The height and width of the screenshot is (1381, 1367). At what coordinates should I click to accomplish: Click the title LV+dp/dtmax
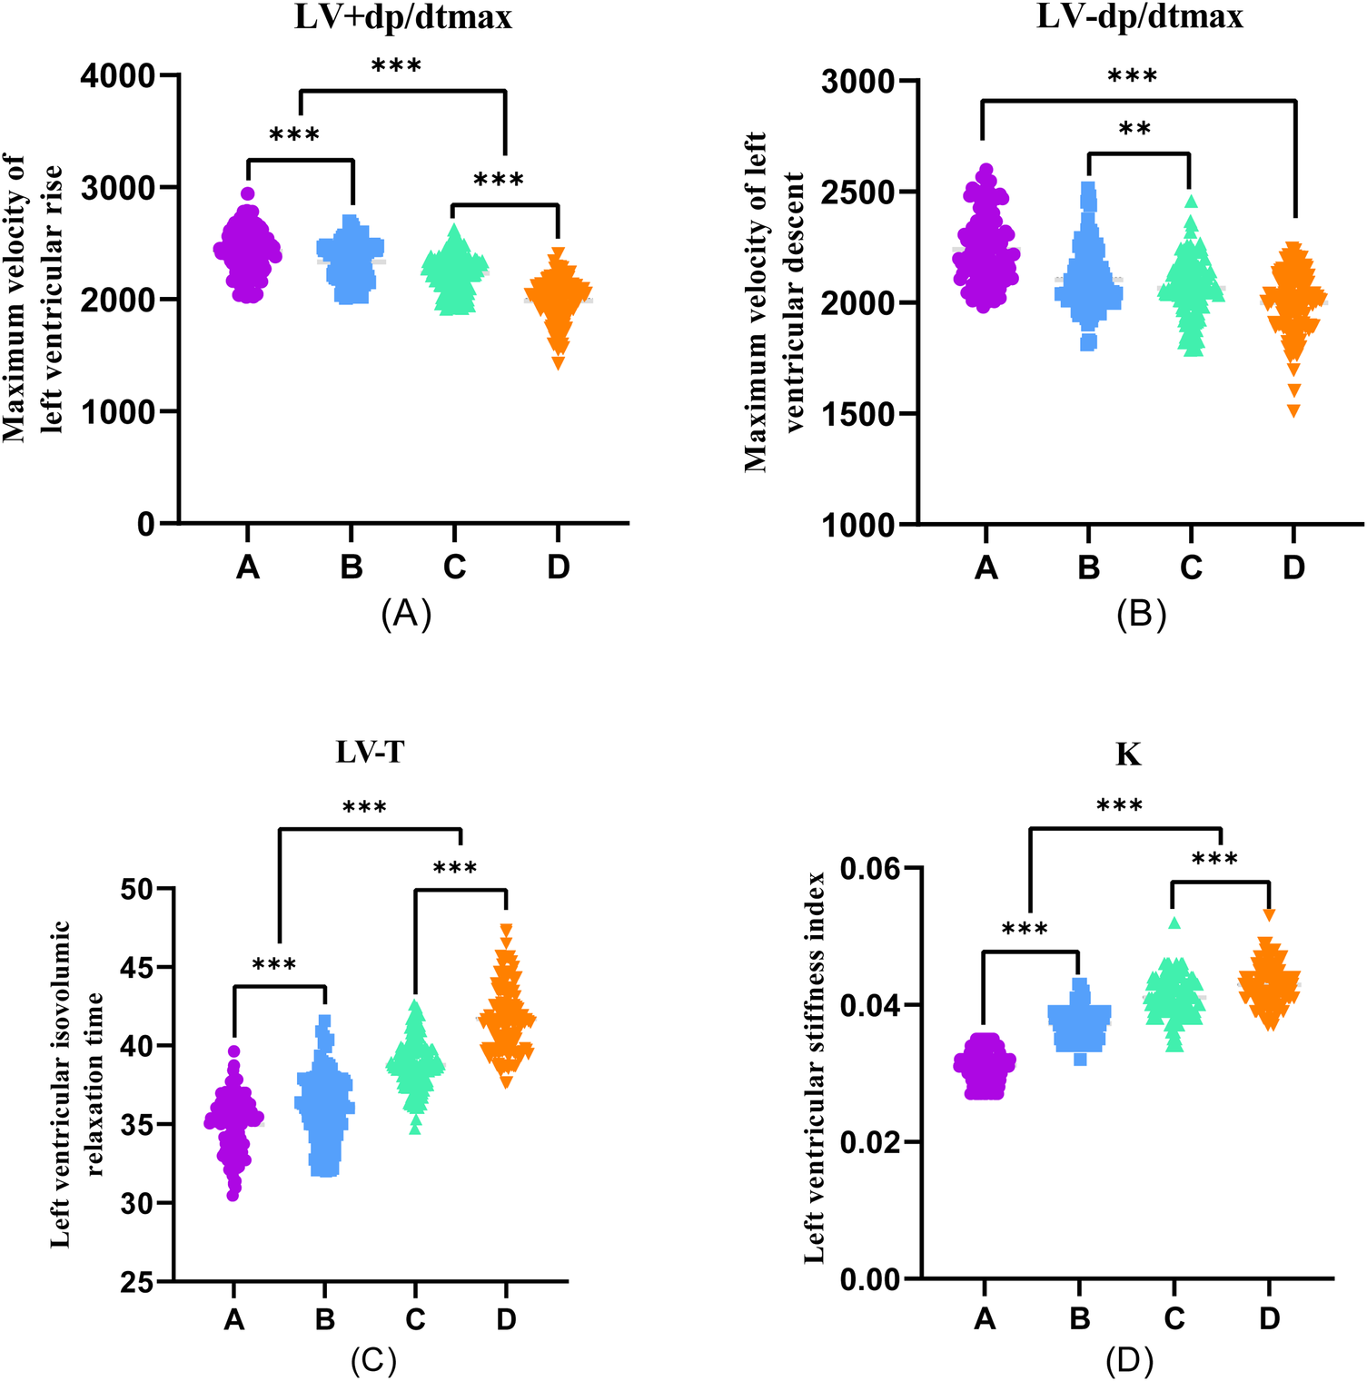(x=403, y=17)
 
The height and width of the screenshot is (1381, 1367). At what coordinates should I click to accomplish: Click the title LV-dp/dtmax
(x=1140, y=17)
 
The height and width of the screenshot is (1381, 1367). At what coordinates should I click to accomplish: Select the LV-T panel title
(x=370, y=753)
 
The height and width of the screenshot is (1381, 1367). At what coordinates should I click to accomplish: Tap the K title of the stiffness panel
(x=1128, y=755)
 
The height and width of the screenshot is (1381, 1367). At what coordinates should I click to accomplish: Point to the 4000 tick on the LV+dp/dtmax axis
(x=118, y=76)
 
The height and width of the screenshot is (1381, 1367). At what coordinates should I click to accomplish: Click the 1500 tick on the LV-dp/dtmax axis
(x=857, y=414)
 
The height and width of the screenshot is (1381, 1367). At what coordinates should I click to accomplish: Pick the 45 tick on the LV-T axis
(x=137, y=968)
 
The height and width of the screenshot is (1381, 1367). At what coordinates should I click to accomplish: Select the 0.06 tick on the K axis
(x=869, y=870)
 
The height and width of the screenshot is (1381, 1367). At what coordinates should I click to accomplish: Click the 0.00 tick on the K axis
(x=869, y=1280)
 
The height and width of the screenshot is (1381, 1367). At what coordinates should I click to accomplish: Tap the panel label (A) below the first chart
(x=406, y=615)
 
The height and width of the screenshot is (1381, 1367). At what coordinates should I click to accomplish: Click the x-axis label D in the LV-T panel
(x=506, y=1319)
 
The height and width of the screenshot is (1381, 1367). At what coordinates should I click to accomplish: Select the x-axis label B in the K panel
(x=1079, y=1318)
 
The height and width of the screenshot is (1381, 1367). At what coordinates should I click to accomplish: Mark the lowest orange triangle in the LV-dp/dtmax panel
(x=1293, y=411)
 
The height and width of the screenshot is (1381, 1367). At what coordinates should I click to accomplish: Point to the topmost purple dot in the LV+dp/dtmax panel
(x=248, y=193)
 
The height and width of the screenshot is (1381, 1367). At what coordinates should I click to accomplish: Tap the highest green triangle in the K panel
(x=1174, y=922)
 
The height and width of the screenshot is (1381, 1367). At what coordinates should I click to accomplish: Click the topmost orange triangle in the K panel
(x=1269, y=914)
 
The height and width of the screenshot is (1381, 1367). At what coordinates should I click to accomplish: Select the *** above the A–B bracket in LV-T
(x=274, y=965)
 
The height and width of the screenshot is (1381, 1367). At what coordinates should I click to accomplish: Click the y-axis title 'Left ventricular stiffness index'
(x=815, y=1067)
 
